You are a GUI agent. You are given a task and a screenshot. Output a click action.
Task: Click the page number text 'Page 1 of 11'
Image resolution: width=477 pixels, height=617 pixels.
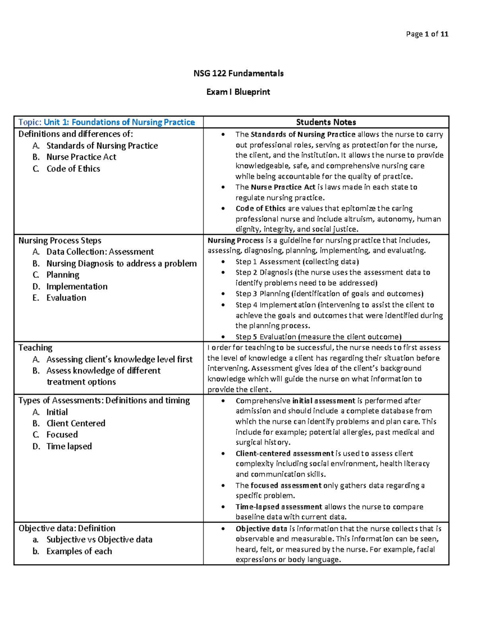click(x=427, y=34)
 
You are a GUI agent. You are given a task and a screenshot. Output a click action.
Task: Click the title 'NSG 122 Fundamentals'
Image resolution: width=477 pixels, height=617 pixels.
click(x=238, y=73)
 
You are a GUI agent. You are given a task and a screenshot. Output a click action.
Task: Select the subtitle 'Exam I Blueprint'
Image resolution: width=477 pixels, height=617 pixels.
click(x=238, y=92)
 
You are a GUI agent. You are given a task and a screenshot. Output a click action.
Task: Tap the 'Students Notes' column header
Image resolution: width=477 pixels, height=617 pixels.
click(x=326, y=122)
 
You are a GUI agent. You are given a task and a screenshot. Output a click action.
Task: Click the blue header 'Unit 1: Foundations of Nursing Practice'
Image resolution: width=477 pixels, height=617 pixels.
click(x=119, y=122)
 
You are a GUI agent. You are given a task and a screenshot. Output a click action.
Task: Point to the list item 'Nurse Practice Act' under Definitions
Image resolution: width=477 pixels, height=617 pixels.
click(x=81, y=157)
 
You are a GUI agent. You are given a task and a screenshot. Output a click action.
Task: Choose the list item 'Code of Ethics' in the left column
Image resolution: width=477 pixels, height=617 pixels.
click(x=73, y=169)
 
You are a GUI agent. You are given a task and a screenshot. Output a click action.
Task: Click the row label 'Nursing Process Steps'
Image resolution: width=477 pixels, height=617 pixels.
click(x=60, y=241)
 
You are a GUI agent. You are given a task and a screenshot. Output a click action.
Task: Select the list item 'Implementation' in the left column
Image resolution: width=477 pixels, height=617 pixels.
click(x=77, y=286)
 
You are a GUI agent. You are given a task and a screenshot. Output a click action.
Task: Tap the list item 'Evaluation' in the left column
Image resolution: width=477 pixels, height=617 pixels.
click(x=66, y=298)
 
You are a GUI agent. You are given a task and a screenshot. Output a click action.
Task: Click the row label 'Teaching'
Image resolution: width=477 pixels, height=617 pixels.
click(x=35, y=348)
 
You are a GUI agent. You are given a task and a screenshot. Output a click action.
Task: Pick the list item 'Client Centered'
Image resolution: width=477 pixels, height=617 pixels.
click(x=76, y=424)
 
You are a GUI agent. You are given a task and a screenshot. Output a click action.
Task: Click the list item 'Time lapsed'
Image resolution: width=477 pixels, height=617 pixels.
click(x=69, y=447)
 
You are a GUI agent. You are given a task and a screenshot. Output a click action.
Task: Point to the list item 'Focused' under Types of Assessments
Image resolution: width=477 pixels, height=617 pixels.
click(x=62, y=435)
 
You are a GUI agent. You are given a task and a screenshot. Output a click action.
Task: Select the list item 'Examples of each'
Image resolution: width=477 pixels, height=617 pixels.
click(x=79, y=551)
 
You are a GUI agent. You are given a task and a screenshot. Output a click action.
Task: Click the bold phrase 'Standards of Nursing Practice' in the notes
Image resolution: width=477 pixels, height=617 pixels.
click(x=303, y=135)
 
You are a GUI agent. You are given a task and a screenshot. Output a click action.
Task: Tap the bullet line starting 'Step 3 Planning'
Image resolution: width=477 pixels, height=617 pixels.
click(x=329, y=294)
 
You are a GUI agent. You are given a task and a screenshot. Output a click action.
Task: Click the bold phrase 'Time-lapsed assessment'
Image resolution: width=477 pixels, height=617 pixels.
click(x=279, y=507)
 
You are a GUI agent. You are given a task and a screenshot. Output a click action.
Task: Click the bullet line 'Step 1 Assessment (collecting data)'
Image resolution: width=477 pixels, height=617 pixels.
click(x=297, y=262)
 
